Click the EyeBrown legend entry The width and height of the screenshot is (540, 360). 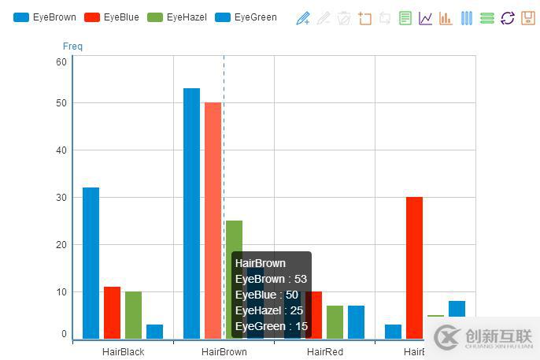coord(45,17)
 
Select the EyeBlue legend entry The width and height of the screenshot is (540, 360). coord(110,17)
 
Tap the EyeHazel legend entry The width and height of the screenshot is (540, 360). coord(177,17)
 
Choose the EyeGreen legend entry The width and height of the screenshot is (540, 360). coord(245,17)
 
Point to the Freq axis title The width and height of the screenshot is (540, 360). coord(72,46)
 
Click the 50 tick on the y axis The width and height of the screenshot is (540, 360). coord(61,103)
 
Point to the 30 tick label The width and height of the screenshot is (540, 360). coord(61,198)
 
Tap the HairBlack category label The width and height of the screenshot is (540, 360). coord(123,351)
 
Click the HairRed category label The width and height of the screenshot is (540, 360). coord(324,351)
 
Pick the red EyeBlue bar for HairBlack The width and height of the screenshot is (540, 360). coord(112,313)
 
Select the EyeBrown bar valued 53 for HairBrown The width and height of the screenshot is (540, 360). coord(191,213)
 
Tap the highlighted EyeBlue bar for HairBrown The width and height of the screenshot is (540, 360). coord(213,221)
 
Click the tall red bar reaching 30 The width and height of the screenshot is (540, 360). coord(414,268)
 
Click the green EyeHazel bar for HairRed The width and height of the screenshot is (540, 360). coord(335,322)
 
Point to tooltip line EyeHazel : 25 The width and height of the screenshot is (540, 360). coord(268,310)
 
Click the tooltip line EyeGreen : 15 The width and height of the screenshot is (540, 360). coord(271,326)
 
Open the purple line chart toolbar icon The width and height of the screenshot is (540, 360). coord(425,18)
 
